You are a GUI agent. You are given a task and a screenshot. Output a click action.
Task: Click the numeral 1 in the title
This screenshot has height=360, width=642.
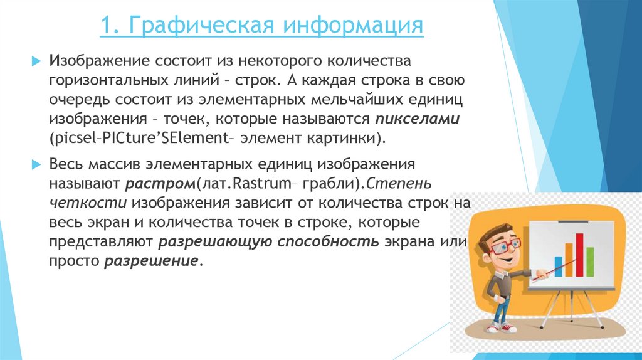106,27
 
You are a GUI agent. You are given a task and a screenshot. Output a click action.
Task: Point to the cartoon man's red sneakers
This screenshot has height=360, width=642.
500,327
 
